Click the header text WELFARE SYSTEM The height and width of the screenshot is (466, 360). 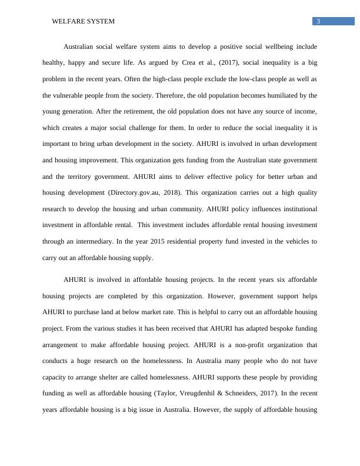tap(83, 21)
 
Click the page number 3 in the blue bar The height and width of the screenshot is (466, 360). tap(318, 22)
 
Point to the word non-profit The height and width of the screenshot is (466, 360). tap(230, 344)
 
